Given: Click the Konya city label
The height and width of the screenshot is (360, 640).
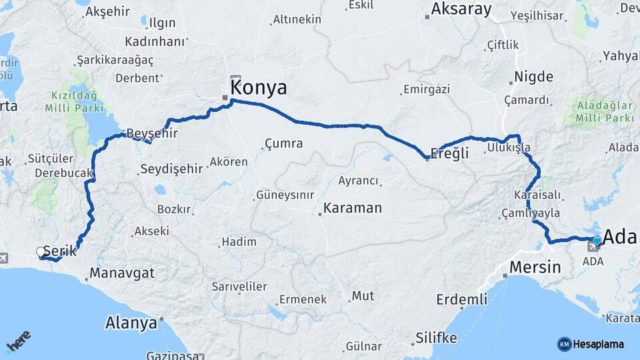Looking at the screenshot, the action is point(259,87).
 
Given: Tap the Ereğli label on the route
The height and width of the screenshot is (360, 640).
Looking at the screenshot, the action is point(449,153).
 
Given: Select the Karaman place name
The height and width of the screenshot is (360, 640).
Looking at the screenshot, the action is point(353,208).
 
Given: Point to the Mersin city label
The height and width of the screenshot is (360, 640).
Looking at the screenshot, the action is point(535,267).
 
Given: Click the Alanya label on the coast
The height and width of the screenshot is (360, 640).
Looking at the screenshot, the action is point(131,323).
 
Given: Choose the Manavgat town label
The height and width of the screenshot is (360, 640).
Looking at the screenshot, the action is point(122,273).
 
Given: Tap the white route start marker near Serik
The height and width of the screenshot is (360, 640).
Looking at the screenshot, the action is point(41,252).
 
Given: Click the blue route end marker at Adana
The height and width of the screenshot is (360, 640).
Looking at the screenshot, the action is point(597,241).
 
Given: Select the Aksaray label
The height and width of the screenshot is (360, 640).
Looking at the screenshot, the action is point(461,9).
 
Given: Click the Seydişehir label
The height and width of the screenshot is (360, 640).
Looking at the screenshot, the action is point(171,169).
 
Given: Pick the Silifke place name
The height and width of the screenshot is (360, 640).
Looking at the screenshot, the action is point(436,338).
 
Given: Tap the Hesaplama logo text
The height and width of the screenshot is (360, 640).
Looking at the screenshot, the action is point(598,344).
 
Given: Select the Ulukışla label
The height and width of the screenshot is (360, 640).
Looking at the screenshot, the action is point(509,147).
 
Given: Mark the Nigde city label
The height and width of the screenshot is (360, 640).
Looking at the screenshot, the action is point(535,77).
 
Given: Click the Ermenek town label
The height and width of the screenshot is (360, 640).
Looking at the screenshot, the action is point(303,299).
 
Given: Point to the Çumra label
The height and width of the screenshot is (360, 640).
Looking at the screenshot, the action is point(283,143).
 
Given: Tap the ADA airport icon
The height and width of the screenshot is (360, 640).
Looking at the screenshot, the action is point(592,247).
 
